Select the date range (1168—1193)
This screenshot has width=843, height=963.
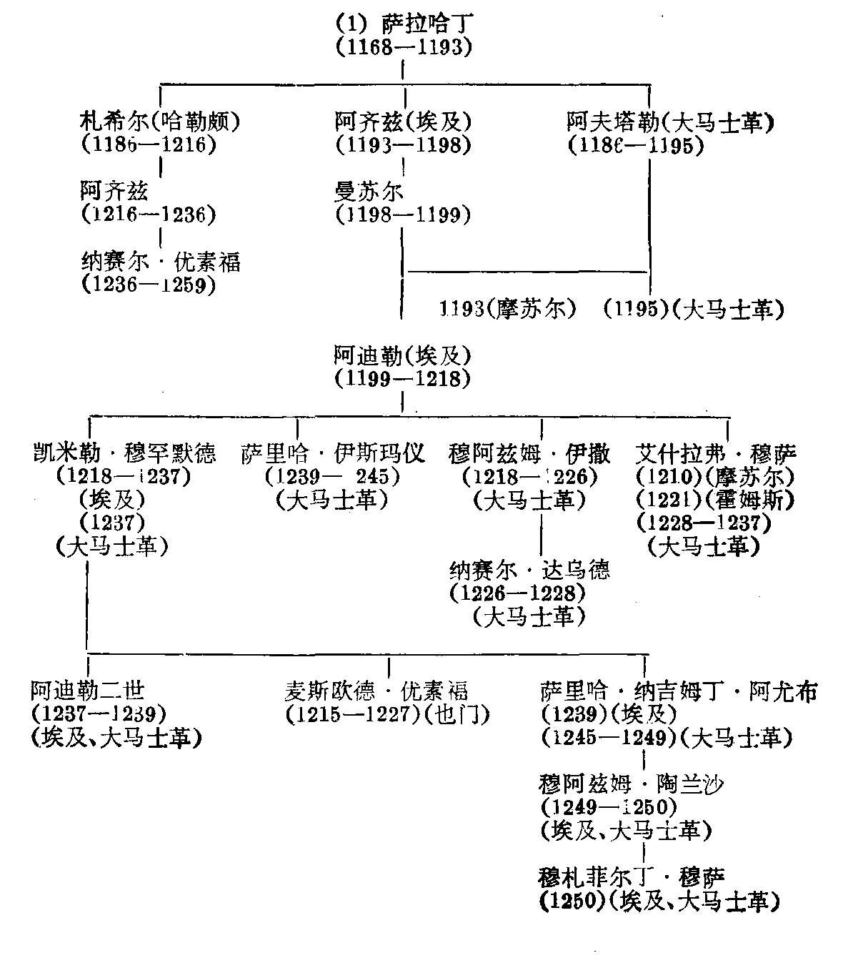point(404,48)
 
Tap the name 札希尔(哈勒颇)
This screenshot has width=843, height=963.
point(160,122)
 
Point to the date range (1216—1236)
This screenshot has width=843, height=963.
point(148,214)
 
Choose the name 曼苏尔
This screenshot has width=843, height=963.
point(369,191)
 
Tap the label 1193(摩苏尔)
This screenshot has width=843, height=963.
point(508,309)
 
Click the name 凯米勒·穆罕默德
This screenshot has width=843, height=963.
point(124,453)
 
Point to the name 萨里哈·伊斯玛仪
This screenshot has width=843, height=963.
point(333,453)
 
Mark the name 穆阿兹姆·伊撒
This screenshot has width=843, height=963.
point(530,453)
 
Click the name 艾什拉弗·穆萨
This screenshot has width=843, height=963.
point(715,453)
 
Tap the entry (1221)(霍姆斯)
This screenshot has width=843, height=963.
point(715,499)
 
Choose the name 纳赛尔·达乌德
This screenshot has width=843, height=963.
point(530,570)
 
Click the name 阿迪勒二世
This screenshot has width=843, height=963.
point(88,691)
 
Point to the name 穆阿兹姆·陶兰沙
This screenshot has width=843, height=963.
point(632,784)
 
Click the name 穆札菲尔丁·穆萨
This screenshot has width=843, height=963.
point(632,877)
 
